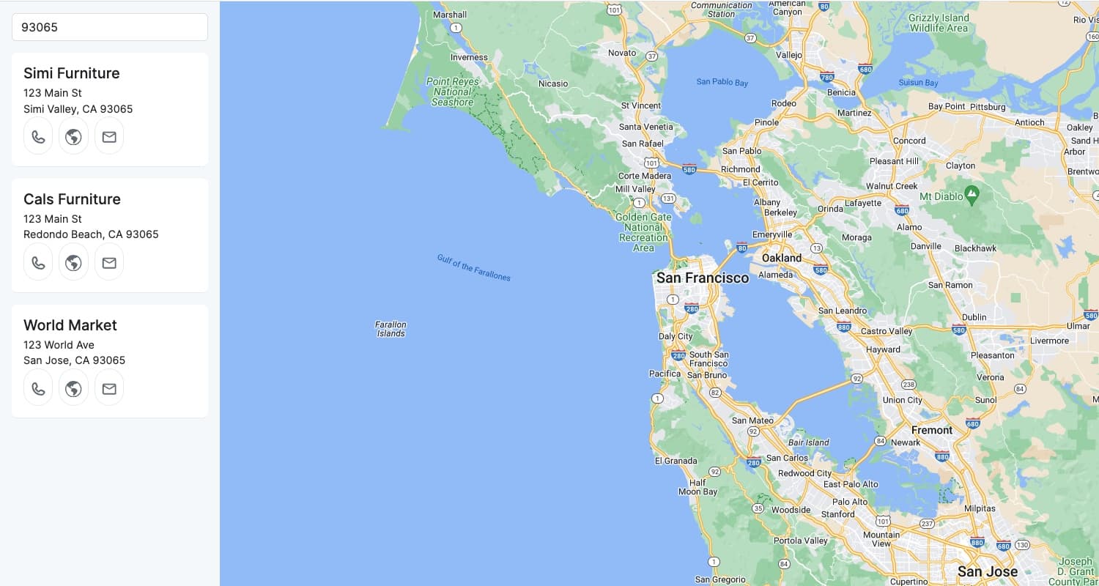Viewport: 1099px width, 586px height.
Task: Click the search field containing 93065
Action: [110, 27]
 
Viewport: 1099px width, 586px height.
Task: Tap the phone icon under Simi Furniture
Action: [38, 137]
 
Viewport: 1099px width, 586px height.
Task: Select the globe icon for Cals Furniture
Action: [73, 263]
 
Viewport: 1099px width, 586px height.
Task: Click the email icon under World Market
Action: [109, 389]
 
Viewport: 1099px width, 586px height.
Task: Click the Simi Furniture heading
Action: [72, 73]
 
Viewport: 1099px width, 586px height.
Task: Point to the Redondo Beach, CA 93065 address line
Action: [91, 234]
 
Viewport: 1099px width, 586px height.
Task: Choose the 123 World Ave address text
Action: [59, 344]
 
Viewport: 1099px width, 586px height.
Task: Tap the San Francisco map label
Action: [703, 278]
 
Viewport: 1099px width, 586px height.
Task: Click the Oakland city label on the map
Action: [782, 258]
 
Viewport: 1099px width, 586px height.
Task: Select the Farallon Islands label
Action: [391, 329]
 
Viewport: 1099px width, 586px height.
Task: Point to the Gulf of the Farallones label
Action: [473, 267]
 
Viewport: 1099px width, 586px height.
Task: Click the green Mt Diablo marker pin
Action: [972, 195]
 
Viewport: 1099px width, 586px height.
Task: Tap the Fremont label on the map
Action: [932, 430]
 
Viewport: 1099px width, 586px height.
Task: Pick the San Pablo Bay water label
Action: [722, 82]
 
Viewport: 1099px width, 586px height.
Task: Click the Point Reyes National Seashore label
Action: [452, 92]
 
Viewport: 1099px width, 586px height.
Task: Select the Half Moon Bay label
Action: [697, 487]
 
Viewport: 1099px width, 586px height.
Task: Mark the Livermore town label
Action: [1049, 341]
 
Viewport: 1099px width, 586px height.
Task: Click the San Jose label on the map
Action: [988, 571]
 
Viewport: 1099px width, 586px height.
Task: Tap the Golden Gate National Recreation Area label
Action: [643, 232]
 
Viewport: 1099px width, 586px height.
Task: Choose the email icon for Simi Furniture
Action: [109, 137]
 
